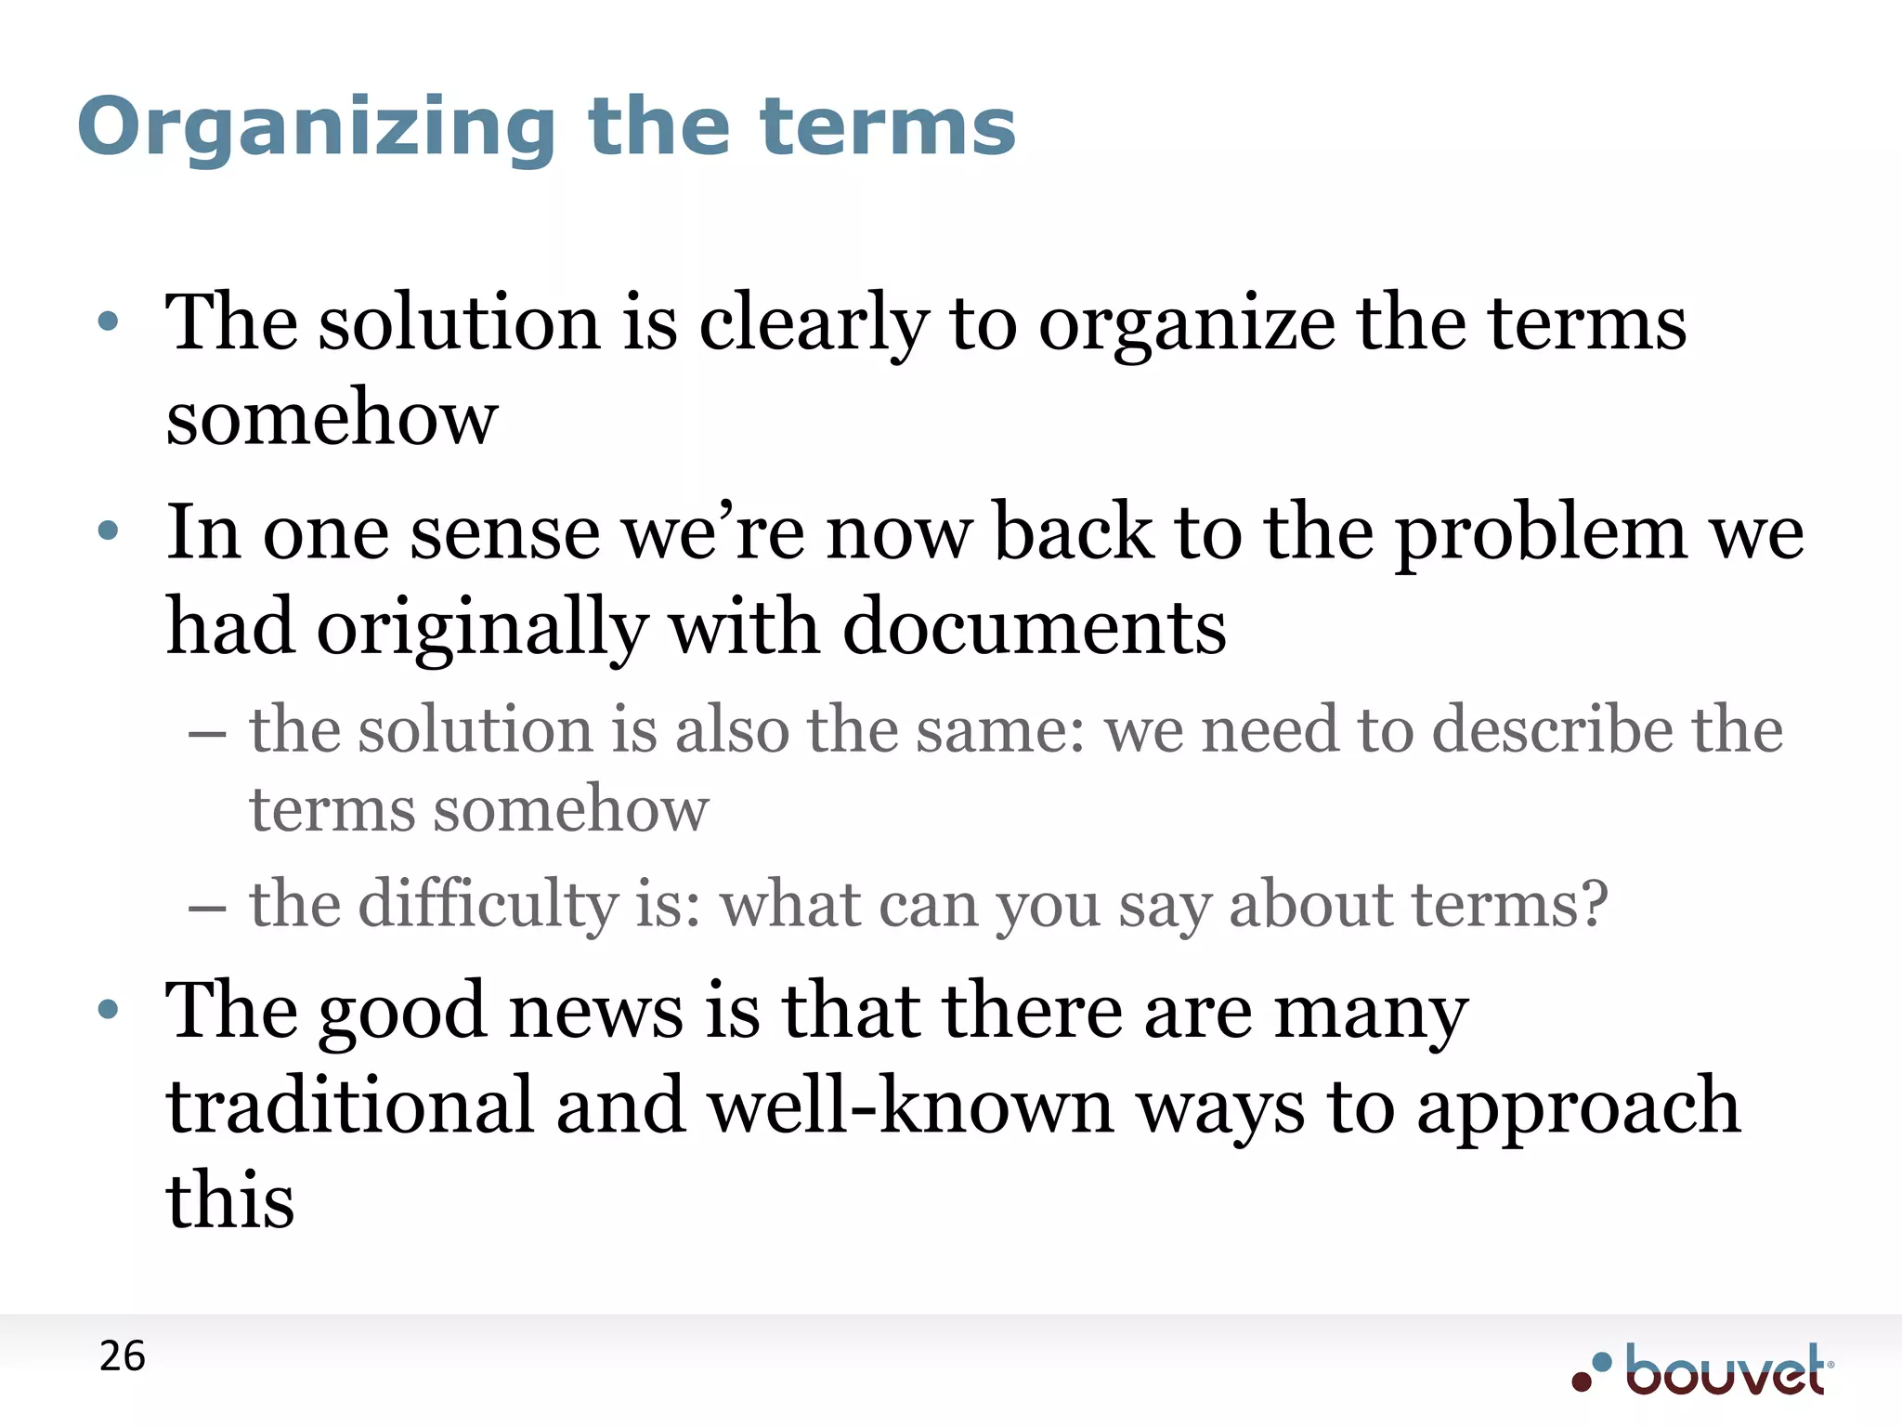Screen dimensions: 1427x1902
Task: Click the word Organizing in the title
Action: click(x=317, y=128)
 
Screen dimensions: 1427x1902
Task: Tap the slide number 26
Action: click(x=123, y=1357)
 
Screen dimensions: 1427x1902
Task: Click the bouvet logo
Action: click(x=1703, y=1371)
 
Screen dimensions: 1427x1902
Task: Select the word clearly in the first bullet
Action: click(x=814, y=324)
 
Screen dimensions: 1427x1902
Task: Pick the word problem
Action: click(x=1542, y=534)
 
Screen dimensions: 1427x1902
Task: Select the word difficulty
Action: click(x=489, y=905)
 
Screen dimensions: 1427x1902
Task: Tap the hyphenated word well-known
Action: click(x=911, y=1106)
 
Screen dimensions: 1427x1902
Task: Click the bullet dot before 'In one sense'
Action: click(x=109, y=531)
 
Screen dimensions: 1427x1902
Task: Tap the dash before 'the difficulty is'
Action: click(x=206, y=907)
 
